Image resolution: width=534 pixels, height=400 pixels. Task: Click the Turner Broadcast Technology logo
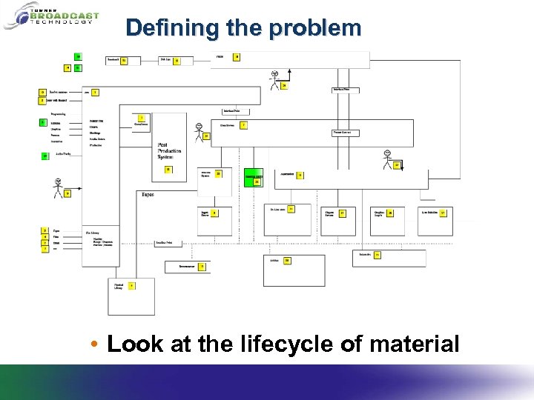(x=50, y=15)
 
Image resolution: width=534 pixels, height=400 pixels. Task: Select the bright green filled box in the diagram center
(x=253, y=176)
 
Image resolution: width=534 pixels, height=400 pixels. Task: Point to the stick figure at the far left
(x=58, y=188)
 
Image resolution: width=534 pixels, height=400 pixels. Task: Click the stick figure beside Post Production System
(x=198, y=130)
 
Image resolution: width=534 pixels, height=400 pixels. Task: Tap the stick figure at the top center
(x=275, y=79)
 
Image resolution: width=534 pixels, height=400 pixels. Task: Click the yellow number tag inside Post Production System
(x=168, y=170)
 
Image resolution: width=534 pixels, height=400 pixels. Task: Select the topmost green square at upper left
(x=77, y=56)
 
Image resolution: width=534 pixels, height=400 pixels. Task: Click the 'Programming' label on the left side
(x=59, y=114)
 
